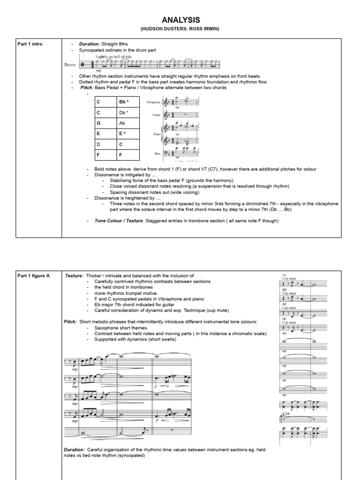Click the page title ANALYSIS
(x=180, y=20)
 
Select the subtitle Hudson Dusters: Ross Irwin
(x=180, y=29)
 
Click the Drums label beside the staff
(x=69, y=65)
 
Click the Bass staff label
(x=158, y=153)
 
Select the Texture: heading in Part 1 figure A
(x=75, y=276)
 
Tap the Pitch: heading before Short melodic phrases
(x=71, y=322)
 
